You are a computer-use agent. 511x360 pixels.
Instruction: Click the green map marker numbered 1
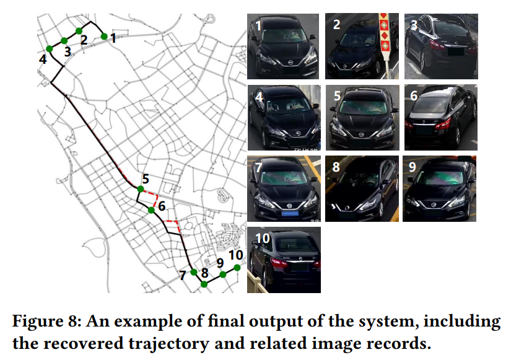[104, 36]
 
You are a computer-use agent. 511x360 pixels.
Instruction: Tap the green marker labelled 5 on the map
[141, 188]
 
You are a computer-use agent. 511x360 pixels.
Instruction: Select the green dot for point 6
[151, 210]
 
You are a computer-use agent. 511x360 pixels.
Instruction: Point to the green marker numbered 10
[237, 268]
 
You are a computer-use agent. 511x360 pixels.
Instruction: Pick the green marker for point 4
[49, 48]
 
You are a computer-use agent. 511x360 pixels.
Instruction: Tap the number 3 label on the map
[68, 52]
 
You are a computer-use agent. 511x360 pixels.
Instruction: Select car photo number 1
[283, 46]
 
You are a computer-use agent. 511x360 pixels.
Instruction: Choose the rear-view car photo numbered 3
[440, 46]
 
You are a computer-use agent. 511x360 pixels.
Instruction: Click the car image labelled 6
[440, 117]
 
